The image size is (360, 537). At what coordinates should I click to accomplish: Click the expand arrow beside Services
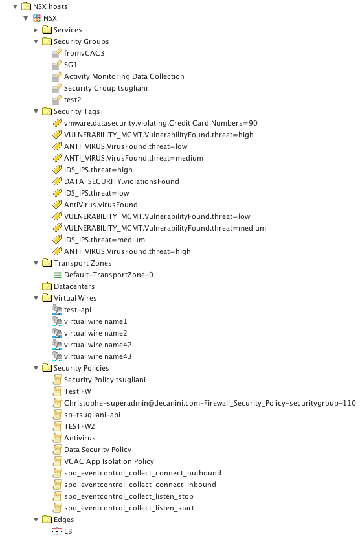[x=36, y=30]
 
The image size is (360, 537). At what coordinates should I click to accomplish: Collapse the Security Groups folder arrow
[x=36, y=42]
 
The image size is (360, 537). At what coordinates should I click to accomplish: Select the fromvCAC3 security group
[x=84, y=53]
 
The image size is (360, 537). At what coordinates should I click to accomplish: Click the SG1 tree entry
[x=71, y=65]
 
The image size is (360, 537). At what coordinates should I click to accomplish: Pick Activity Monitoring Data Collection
[x=124, y=76]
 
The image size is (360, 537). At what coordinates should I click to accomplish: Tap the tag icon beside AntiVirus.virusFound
[x=57, y=205]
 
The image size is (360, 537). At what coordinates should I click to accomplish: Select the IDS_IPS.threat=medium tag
[x=104, y=240]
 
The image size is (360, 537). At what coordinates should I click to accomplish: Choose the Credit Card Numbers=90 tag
[x=161, y=123]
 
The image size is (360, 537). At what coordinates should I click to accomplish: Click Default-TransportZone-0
[x=109, y=275]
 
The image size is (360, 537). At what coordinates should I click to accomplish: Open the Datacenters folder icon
[x=47, y=286]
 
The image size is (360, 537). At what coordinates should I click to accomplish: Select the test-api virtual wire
[x=78, y=310]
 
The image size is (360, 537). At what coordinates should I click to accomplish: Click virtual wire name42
[x=98, y=345]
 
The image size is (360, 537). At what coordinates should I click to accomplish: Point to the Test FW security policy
[x=78, y=391]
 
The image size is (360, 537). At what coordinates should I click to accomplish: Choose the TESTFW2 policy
[x=80, y=426]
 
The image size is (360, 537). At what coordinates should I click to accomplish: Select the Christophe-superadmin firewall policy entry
[x=210, y=403]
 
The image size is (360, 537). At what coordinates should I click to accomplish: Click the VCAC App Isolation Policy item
[x=109, y=461]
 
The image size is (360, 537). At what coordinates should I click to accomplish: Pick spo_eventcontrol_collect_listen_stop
[x=129, y=496]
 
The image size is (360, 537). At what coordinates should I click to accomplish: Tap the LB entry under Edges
[x=68, y=531]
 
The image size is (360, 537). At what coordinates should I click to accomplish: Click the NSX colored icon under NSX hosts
[x=37, y=19]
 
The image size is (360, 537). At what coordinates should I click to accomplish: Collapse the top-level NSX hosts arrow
[x=15, y=6]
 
